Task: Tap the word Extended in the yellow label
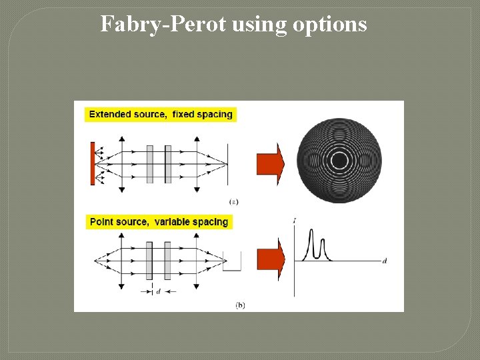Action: (110, 114)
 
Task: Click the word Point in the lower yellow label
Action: (101, 222)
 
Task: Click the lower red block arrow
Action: (271, 258)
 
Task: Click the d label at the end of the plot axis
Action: (385, 261)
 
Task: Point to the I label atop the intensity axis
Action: (295, 220)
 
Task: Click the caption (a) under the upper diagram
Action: (234, 201)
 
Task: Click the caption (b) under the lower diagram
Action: (240, 305)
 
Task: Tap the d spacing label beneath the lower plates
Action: (158, 291)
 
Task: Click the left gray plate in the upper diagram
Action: (149, 164)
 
